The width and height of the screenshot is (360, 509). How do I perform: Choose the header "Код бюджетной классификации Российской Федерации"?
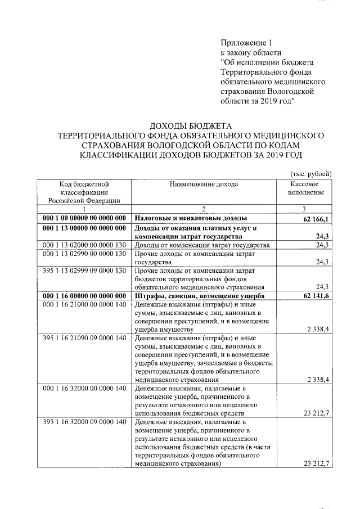click(84, 192)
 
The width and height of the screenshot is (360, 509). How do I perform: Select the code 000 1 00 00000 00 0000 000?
click(84, 218)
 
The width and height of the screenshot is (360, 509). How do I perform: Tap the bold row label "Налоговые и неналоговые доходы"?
click(191, 218)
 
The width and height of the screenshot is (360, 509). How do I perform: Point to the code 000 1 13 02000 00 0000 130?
click(84, 245)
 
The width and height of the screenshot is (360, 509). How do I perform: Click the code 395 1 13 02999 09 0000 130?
click(84, 271)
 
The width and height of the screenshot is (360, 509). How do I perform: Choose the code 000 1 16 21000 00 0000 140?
click(84, 305)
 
